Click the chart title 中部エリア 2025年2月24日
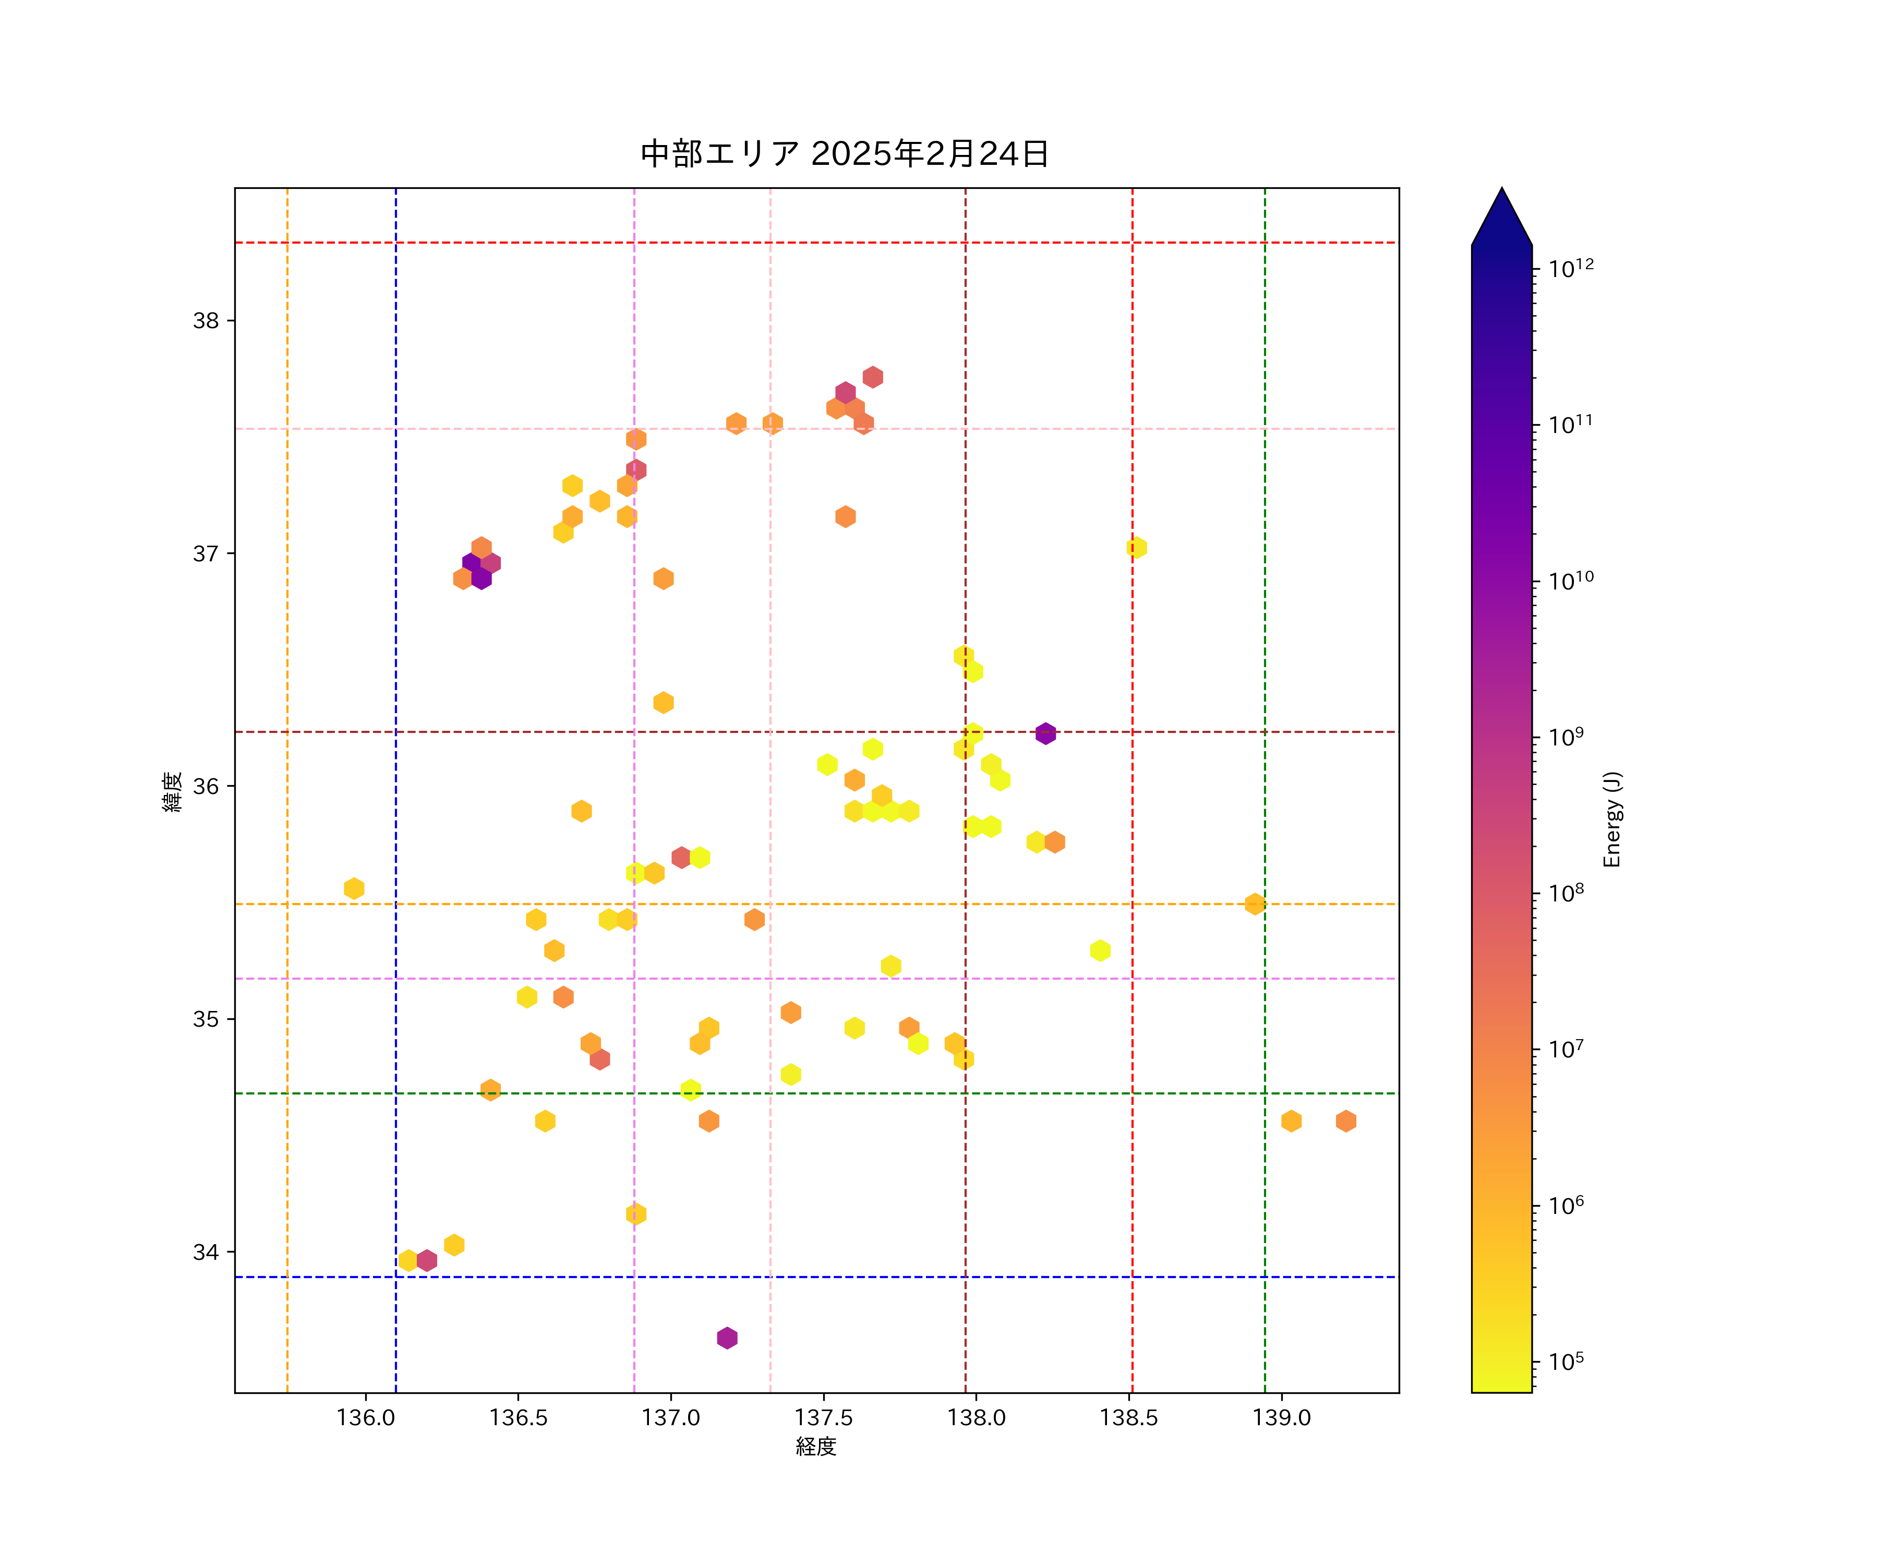(844, 154)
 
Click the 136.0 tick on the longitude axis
(366, 1417)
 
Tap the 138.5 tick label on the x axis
(1128, 1417)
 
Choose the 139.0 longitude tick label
(1282, 1417)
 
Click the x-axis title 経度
(815, 1447)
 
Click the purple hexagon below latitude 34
(727, 1338)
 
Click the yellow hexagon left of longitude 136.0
(354, 888)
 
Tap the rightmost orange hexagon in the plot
(1346, 1121)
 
